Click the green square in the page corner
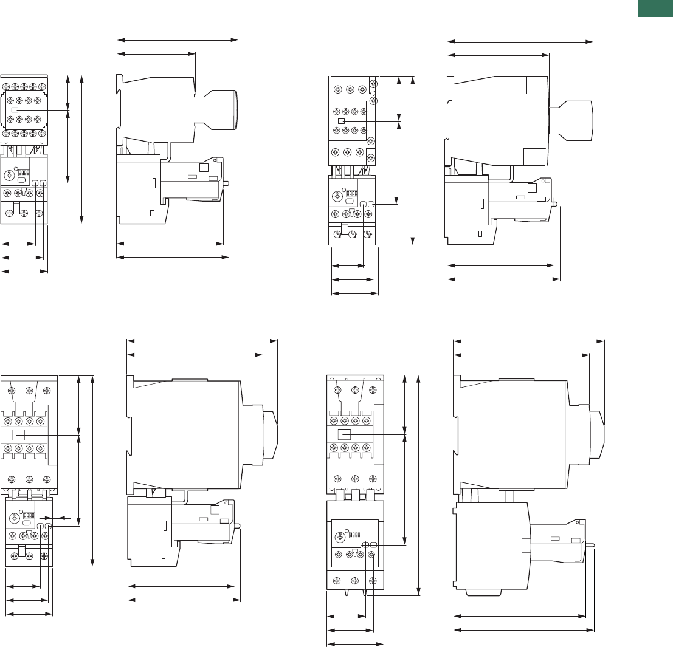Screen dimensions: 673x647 (657, 9)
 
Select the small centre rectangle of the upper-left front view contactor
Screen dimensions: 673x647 (15, 109)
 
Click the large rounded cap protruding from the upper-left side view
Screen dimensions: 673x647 (219, 110)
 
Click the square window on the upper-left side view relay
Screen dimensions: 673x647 (204, 167)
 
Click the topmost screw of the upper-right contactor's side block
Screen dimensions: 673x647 (373, 84)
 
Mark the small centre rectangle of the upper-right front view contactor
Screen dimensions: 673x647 (341, 122)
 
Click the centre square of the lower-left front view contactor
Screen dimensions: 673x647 (19, 435)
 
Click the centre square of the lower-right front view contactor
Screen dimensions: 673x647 (345, 435)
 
